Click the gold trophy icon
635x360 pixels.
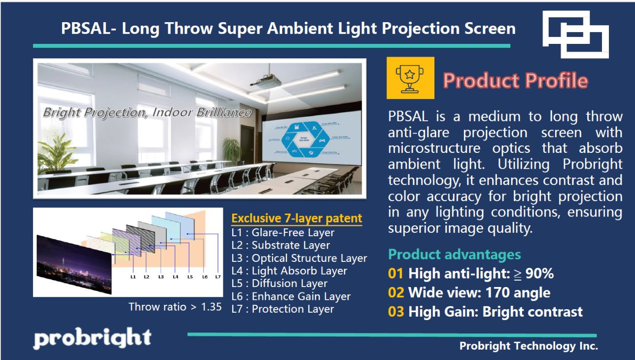pos(410,78)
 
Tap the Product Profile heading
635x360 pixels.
pos(515,80)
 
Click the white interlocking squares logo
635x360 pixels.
pos(575,34)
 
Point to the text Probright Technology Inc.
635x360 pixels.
pos(529,346)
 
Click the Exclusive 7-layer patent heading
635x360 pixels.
pos(297,218)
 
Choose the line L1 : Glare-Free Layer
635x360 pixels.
pos(283,232)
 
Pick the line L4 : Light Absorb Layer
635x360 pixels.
pos(289,271)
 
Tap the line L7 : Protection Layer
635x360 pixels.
pos(283,309)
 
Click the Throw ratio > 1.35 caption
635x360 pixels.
pos(175,307)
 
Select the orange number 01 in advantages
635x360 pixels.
pos(396,274)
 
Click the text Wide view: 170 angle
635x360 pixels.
pos(479,293)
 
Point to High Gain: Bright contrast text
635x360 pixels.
pos(495,312)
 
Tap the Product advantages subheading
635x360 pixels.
pos(454,254)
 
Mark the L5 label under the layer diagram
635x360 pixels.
pos(190,277)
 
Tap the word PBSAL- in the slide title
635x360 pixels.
pos(88,29)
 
